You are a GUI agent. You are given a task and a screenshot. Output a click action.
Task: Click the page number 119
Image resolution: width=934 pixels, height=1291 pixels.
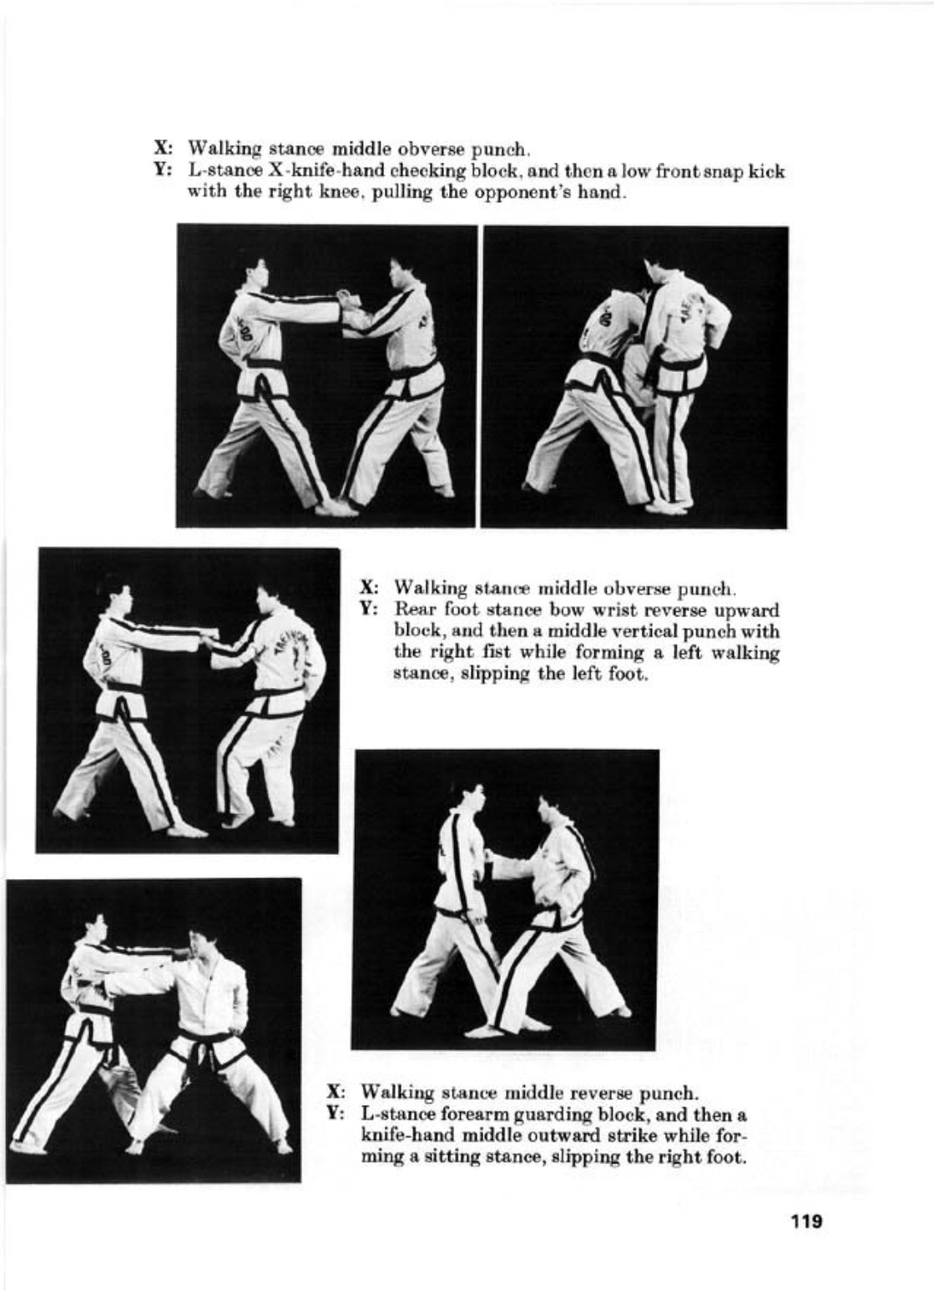tap(806, 1220)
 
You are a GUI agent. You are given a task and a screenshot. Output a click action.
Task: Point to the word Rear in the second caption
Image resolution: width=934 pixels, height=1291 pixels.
tap(414, 610)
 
